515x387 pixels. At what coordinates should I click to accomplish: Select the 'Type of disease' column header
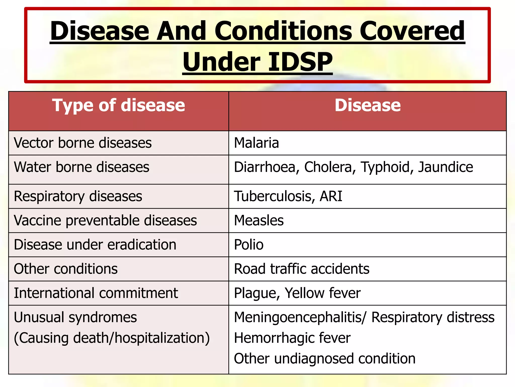tap(118, 105)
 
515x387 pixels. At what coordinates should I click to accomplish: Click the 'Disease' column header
tap(367, 105)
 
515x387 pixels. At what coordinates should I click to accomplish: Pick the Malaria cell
tap(256, 143)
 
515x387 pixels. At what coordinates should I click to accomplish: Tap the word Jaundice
tap(445, 167)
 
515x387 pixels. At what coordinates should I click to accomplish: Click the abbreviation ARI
tap(331, 196)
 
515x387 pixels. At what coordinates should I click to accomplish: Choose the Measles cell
tap(259, 220)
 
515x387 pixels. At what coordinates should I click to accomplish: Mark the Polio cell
tap(249, 245)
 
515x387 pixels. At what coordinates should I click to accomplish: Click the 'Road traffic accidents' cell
tap(302, 269)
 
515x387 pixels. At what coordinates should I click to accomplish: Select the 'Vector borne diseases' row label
tap(83, 143)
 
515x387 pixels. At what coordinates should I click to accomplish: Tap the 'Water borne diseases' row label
tap(81, 167)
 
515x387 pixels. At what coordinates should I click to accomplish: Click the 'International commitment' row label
tap(96, 293)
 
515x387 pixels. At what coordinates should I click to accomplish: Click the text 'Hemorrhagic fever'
tap(292, 338)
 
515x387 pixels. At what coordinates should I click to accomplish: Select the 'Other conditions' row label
tap(66, 269)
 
